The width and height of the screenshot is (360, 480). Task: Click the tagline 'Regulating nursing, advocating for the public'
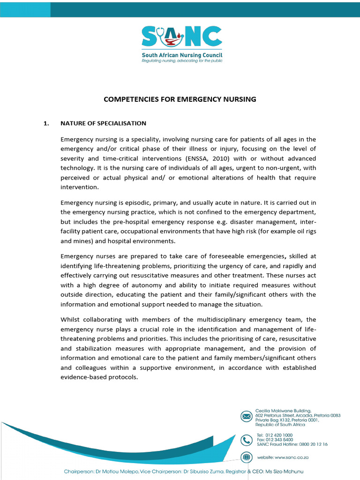click(x=182, y=61)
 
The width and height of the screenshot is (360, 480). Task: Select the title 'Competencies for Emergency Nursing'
click(x=180, y=99)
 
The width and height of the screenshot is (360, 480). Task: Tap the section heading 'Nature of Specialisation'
click(x=103, y=123)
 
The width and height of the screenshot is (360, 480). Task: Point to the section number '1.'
click(x=46, y=123)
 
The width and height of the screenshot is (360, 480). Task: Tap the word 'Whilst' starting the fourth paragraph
click(x=70, y=320)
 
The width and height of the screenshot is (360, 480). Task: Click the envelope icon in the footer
click(x=246, y=416)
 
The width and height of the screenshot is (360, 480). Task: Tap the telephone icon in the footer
click(x=246, y=440)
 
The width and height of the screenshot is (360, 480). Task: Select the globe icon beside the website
click(x=246, y=457)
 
